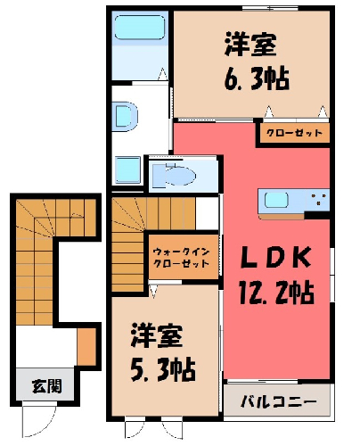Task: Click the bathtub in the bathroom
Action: point(140,28)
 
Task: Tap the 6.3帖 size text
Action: point(257,78)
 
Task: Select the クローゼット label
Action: point(294,133)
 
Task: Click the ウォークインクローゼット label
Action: point(182,258)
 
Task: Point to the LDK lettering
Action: point(275,257)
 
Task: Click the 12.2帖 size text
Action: point(276,293)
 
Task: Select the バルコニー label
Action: point(279,401)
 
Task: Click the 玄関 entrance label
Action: point(47,385)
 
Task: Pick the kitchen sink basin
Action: point(276,200)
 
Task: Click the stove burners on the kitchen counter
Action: point(319,200)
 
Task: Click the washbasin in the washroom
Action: point(127,117)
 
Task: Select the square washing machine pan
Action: point(127,169)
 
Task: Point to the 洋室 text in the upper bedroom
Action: point(250,45)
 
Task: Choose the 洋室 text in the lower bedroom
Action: point(157,335)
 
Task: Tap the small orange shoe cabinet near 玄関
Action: point(86,347)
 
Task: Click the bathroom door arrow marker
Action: point(163,74)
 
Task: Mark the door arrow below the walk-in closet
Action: point(153,291)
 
